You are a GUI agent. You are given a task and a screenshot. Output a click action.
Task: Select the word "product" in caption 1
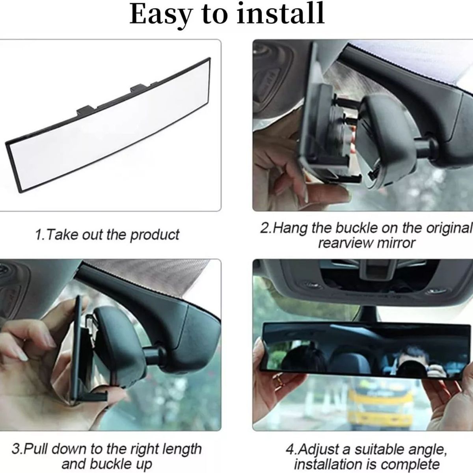point(155,235)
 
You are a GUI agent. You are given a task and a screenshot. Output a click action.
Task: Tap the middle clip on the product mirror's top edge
point(139,88)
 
